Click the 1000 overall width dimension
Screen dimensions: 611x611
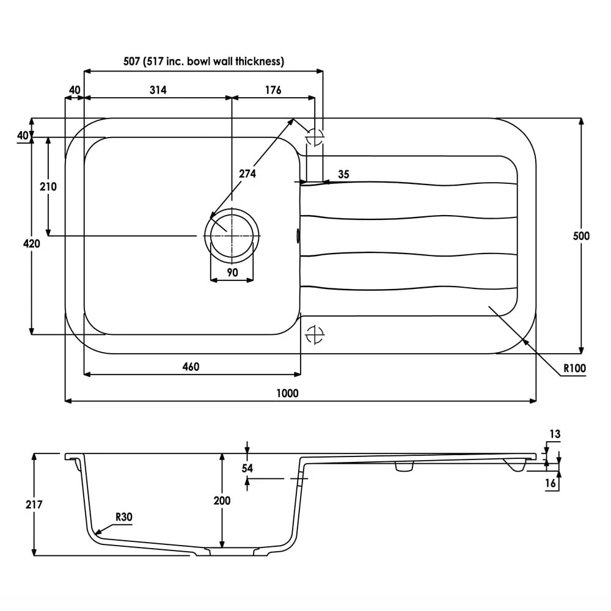(x=287, y=393)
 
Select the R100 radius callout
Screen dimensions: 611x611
(x=574, y=368)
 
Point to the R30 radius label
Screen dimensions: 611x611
(x=123, y=517)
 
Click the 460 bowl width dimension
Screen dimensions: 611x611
(x=191, y=367)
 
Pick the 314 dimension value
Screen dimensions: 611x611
(x=158, y=90)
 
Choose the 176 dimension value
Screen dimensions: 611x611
(x=273, y=90)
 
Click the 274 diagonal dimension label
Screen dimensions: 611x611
(x=247, y=174)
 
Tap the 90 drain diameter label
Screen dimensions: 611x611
(x=232, y=273)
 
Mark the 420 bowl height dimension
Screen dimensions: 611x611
(x=31, y=244)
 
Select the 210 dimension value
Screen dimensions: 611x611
(x=48, y=186)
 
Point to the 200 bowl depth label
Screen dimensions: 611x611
(x=222, y=500)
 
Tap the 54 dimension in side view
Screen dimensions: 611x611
(x=247, y=468)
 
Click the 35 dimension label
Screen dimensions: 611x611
(x=343, y=174)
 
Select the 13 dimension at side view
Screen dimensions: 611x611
(x=554, y=434)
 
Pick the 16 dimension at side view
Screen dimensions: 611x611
(x=550, y=483)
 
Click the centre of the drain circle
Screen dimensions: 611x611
(x=232, y=236)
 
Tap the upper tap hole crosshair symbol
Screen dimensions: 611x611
(x=315, y=137)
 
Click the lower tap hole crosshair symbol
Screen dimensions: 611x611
(x=315, y=334)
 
